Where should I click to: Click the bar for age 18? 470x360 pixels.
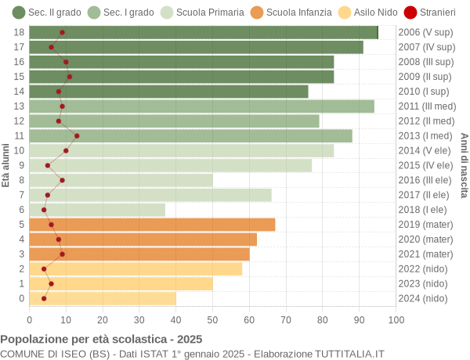point(204,32)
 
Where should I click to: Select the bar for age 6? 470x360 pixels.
point(97,210)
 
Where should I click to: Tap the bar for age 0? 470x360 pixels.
point(103,298)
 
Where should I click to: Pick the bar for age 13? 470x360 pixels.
point(201,106)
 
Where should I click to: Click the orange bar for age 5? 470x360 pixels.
point(152,225)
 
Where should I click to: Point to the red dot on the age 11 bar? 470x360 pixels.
point(77,136)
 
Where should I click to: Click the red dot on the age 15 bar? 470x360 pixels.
point(70,77)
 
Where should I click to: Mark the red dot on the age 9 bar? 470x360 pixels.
point(48,165)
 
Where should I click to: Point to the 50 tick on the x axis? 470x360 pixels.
point(212,319)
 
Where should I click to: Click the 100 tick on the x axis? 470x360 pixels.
point(396,319)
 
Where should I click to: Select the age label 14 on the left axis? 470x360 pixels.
point(20,92)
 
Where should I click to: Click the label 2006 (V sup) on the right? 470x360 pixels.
point(425,32)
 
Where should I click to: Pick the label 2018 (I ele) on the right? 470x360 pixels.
point(424,210)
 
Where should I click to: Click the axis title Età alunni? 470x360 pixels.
point(5,165)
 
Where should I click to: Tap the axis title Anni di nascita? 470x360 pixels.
point(464,165)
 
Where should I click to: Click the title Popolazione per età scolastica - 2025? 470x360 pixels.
point(101,340)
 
